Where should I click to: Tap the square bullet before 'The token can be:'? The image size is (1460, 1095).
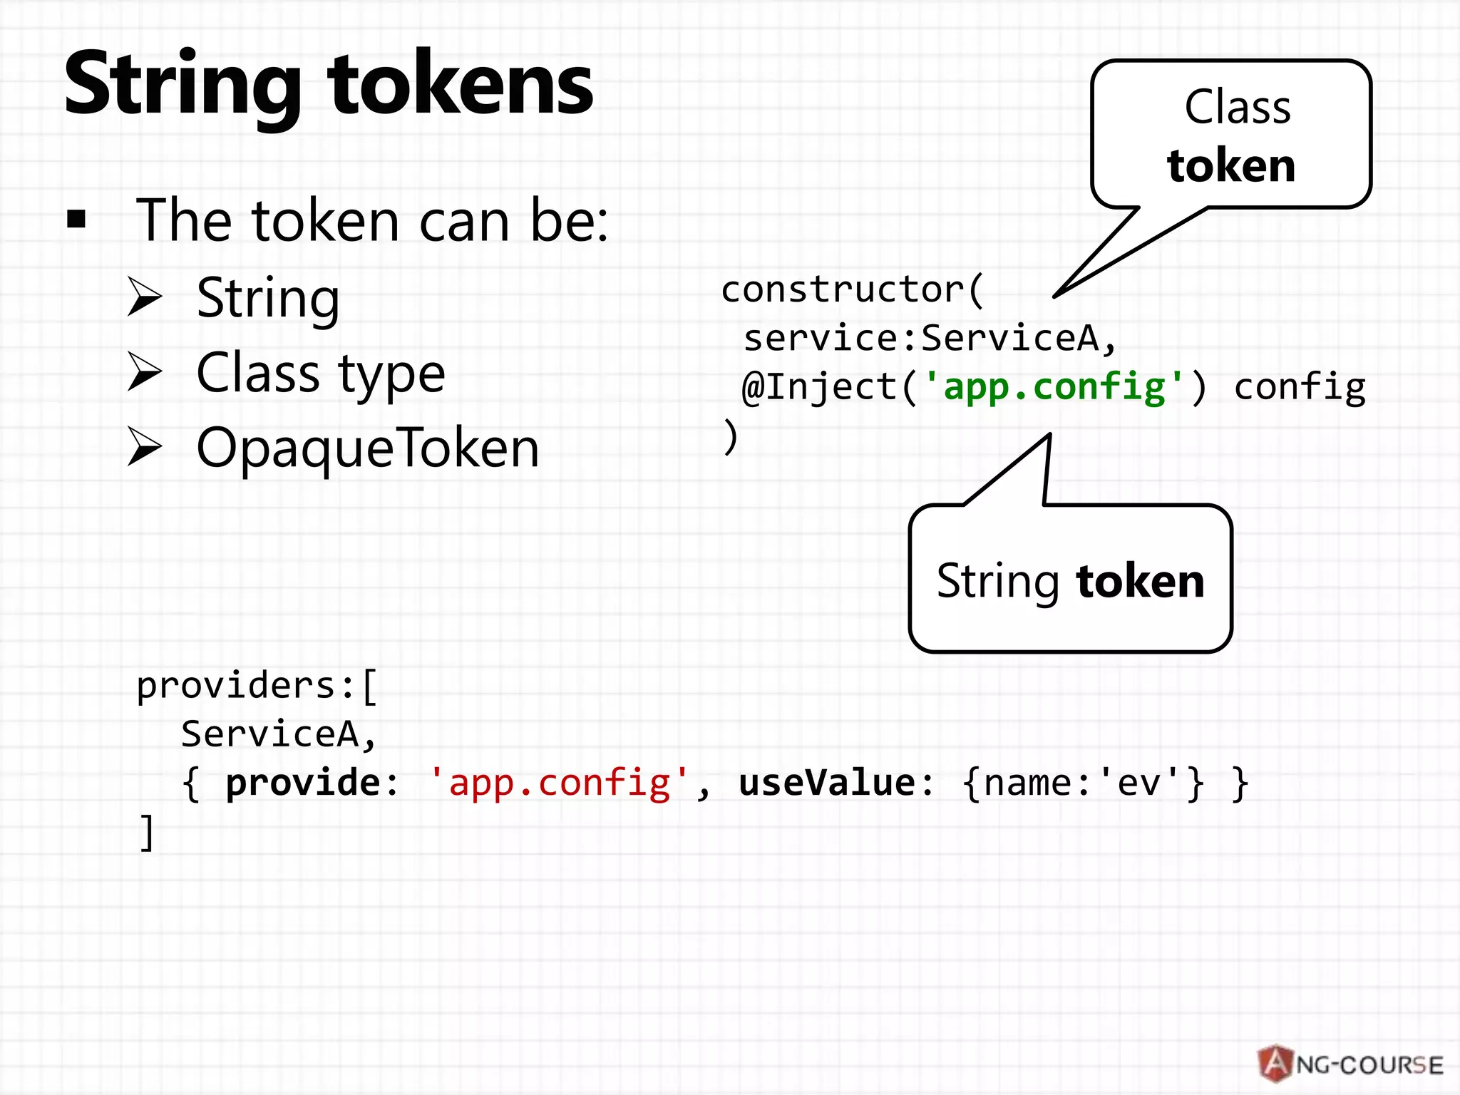(76, 220)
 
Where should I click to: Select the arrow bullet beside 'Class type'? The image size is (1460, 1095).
(145, 372)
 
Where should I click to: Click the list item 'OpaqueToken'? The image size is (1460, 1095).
(367, 448)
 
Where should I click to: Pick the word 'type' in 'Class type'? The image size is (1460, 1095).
(391, 375)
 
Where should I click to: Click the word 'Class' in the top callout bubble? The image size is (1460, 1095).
(1238, 108)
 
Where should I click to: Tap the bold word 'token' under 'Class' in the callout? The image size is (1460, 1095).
(1231, 165)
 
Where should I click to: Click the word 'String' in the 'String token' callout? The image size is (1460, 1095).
(997, 582)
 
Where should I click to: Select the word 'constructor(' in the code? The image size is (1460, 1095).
(853, 290)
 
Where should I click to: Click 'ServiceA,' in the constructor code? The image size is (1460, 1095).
(1018, 338)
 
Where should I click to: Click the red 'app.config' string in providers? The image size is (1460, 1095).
(559, 783)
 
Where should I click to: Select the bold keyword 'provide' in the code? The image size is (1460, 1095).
(303, 783)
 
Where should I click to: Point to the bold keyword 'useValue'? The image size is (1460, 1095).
(827, 783)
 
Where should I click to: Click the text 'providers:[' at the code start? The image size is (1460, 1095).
(257, 687)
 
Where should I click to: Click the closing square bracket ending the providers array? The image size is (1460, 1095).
(146, 832)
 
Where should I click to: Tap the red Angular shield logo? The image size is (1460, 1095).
(1275, 1064)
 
